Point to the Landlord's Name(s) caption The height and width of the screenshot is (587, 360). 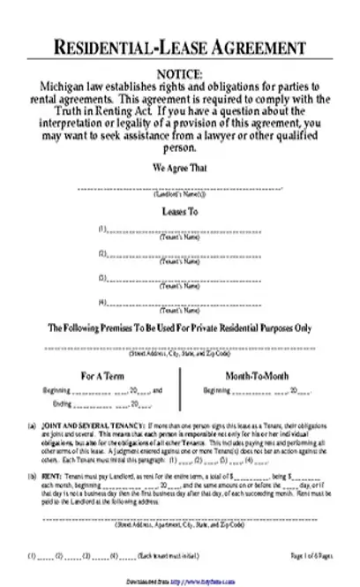click(x=179, y=193)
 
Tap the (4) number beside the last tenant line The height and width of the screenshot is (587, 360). click(x=103, y=303)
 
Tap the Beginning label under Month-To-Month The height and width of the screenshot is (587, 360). click(x=216, y=389)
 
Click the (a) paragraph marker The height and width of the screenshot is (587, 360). click(x=34, y=425)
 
